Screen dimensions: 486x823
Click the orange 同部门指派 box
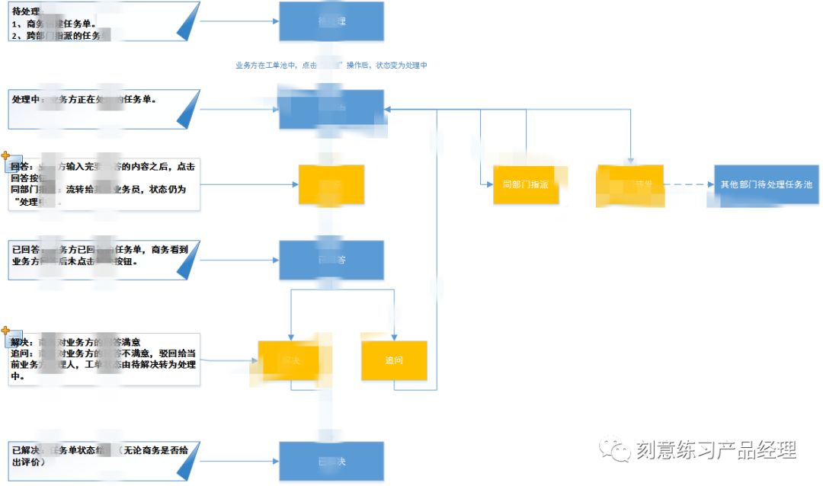[x=526, y=184]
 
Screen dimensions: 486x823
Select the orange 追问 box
[x=394, y=360]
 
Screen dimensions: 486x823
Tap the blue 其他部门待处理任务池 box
[x=767, y=185]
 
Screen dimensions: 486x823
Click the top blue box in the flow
[x=331, y=21]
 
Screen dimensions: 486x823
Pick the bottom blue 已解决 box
[x=331, y=462]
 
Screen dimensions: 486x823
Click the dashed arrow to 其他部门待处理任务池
[x=689, y=184]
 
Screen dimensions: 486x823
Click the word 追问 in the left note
[x=21, y=353]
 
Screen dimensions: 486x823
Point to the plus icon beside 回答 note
[x=6, y=155]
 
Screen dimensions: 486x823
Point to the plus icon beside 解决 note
[x=6, y=331]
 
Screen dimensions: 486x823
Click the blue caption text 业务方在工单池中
[x=267, y=66]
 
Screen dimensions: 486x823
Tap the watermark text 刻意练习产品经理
[x=716, y=450]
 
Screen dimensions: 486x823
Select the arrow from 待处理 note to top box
[x=239, y=21]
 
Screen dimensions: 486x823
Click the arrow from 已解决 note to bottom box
[x=239, y=462]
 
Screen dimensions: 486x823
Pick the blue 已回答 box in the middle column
[x=331, y=260]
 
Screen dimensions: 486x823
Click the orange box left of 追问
[x=290, y=360]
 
